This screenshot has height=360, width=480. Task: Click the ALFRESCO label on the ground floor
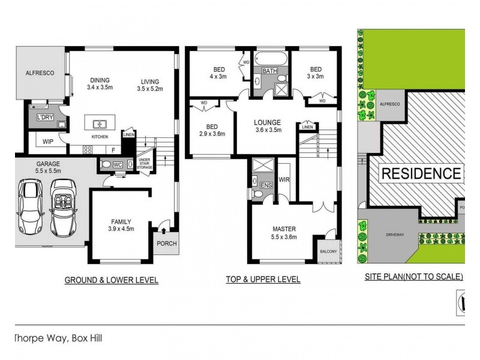tap(40, 73)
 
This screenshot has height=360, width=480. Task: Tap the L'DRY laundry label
tap(44, 116)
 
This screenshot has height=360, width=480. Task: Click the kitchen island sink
tap(100, 124)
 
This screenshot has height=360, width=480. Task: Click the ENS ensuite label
tap(265, 185)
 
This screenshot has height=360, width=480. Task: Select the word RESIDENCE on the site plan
tap(421, 174)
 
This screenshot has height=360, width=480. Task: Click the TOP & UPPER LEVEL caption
tap(263, 280)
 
